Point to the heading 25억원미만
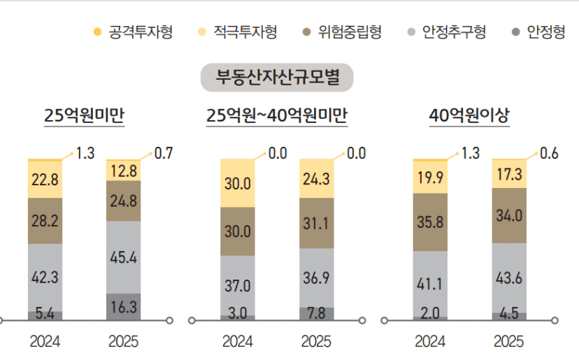pos(84,117)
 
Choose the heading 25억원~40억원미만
pos(277,117)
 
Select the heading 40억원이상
pos(469,117)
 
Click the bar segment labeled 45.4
pos(123,257)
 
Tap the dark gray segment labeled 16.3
pos(123,307)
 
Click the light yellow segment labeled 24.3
pos(316,178)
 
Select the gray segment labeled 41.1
pos(430,284)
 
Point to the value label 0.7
pos(164,153)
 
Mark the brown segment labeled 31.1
pos(316,223)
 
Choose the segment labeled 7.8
pos(316,313)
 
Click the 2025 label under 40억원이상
pos(508,342)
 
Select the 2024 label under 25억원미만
pos(45,342)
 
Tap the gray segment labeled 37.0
pos(238,285)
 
